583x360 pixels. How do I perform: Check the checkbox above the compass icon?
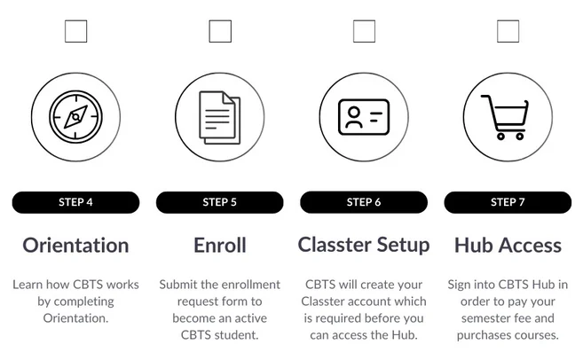click(x=75, y=31)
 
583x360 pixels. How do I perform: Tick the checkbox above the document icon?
click(x=220, y=31)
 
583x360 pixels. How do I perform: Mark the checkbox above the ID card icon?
click(x=364, y=31)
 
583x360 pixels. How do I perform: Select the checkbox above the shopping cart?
click(x=508, y=31)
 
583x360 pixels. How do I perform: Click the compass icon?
click(x=75, y=117)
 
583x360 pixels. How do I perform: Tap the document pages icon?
click(x=220, y=117)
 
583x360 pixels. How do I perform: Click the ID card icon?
click(x=364, y=117)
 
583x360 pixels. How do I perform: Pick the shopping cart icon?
click(x=505, y=117)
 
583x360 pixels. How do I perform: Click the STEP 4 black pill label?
click(x=75, y=202)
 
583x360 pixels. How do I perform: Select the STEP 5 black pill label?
click(x=220, y=202)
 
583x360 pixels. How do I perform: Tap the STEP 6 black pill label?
click(x=364, y=202)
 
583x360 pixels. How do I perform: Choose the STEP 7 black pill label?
click(x=508, y=202)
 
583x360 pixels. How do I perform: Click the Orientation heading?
click(x=75, y=246)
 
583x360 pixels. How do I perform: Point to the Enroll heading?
click(x=220, y=246)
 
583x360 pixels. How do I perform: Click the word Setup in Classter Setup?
click(x=403, y=246)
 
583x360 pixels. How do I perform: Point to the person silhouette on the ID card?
click(x=354, y=117)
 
